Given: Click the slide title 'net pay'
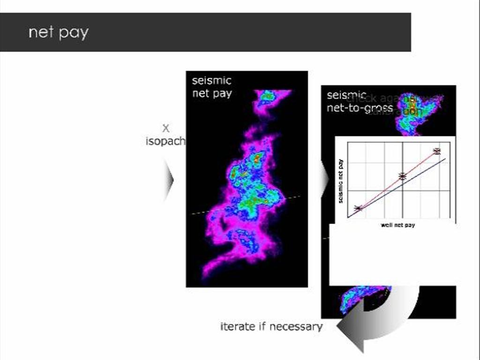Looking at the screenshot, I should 58,33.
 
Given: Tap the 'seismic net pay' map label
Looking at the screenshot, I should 212,87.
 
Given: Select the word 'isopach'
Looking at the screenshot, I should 165,141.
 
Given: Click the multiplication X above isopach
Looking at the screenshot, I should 165,128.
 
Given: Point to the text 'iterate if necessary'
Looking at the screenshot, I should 271,327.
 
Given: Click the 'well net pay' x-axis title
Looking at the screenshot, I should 397,225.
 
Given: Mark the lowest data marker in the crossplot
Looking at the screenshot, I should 358,208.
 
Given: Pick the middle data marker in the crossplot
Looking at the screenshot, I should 402,176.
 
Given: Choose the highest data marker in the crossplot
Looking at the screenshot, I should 437,151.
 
